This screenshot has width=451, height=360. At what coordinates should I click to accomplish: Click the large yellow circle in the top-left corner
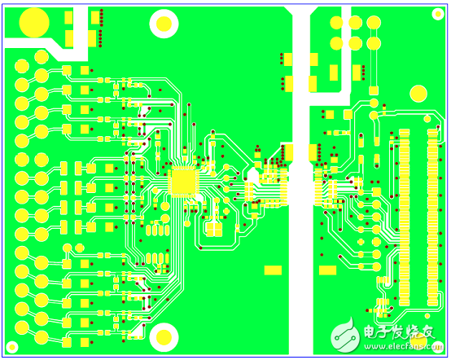[34, 23]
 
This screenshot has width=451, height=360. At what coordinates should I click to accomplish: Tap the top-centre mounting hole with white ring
[164, 24]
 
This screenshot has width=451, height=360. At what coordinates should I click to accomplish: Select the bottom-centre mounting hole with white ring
[164, 337]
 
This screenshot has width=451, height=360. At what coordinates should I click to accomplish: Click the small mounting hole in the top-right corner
[438, 14]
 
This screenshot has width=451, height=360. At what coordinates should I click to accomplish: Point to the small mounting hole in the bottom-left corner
[12, 347]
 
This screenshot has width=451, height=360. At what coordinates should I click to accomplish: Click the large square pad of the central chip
[183, 182]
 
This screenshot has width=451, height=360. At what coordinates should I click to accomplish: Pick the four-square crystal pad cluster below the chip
[214, 230]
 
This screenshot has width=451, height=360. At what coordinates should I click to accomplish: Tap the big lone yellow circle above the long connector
[418, 94]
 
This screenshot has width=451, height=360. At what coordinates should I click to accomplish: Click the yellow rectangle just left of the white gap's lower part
[273, 270]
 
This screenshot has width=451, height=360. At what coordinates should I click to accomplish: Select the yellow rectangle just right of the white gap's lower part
[327, 270]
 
